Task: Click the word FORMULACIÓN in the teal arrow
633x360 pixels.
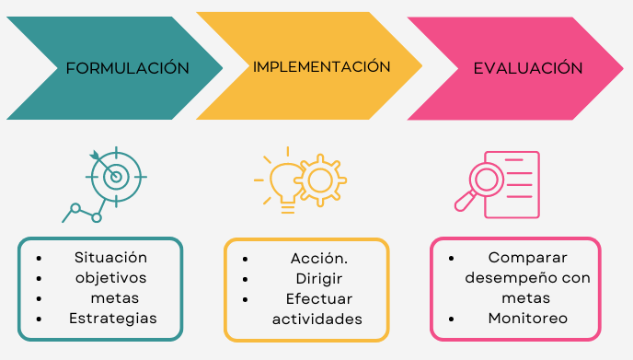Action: [x=128, y=67]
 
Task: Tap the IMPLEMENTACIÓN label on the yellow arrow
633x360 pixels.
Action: [x=322, y=66]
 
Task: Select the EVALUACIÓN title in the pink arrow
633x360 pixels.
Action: [x=528, y=67]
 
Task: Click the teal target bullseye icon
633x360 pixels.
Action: [x=116, y=177]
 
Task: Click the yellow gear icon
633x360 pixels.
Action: [x=320, y=180]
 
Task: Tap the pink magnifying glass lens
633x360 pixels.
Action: [x=486, y=179]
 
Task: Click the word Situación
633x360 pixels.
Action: [x=110, y=258]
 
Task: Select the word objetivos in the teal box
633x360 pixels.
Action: [x=111, y=278]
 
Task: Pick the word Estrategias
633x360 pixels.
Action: [x=113, y=319]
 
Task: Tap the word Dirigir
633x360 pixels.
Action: [x=319, y=279]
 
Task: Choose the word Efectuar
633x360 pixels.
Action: [x=319, y=299]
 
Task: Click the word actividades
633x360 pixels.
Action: [x=317, y=319]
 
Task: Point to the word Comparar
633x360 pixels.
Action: [x=527, y=258]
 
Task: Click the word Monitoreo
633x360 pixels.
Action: [x=527, y=319]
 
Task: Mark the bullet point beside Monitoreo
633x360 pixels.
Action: [x=452, y=319]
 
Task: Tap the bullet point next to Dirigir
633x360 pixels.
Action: [x=245, y=280]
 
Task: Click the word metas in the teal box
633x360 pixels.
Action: [x=115, y=298]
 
